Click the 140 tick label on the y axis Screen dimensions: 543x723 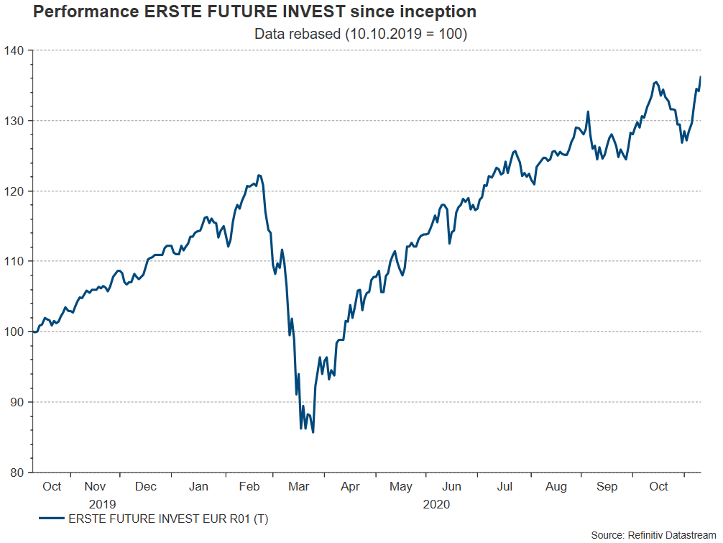[x=17, y=50]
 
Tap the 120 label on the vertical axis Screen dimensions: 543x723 [x=17, y=191]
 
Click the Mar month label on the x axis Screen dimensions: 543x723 [x=300, y=487]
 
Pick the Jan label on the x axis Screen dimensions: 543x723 [x=198, y=487]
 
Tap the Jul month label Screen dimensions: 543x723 [x=505, y=487]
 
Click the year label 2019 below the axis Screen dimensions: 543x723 [x=102, y=504]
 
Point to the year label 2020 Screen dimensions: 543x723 [x=436, y=504]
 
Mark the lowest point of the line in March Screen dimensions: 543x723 [x=313, y=432]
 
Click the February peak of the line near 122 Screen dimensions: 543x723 [x=259, y=175]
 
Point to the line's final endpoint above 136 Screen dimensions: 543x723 [x=701, y=76]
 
